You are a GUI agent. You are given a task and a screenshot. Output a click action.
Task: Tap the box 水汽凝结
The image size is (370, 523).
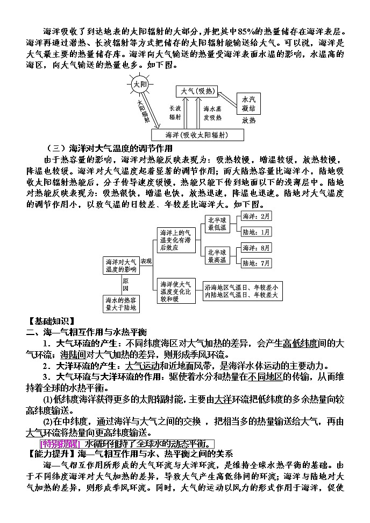point(248,104)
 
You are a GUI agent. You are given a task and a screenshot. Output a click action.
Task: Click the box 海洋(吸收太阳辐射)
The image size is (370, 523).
point(196,135)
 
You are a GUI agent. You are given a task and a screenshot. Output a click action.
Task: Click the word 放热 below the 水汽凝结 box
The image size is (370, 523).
point(248,121)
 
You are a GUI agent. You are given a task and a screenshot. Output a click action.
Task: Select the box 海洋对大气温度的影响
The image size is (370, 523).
point(121,264)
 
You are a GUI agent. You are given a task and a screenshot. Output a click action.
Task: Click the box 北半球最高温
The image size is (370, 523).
point(218,255)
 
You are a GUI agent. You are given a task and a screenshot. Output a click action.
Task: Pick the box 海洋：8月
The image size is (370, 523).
point(257,248)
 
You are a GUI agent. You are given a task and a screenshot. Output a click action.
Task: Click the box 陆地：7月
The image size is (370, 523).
point(257,263)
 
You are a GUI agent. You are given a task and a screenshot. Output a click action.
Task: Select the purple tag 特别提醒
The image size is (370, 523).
point(60,443)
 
